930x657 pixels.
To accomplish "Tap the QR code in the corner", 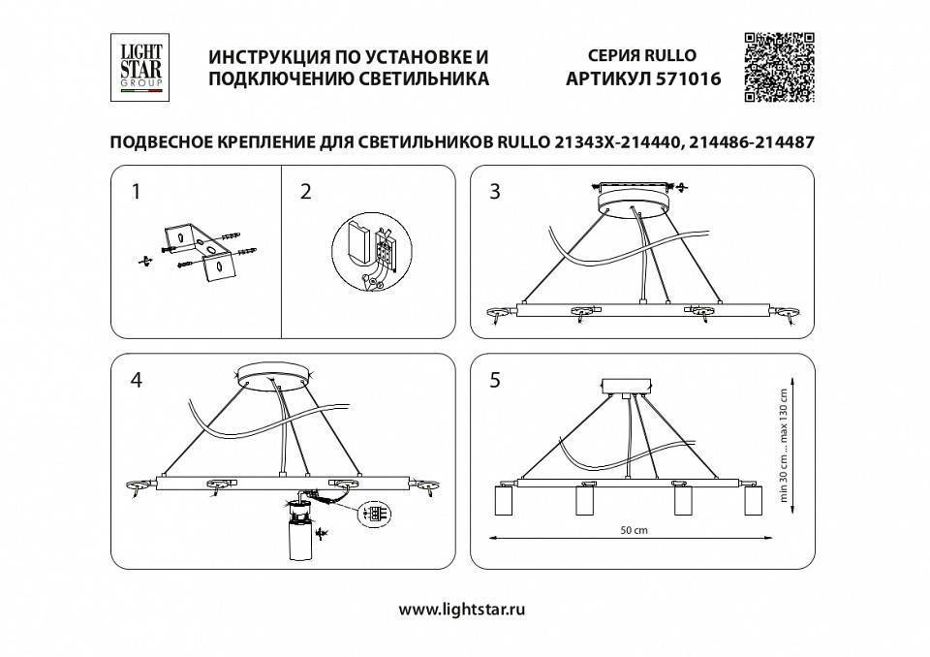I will [778, 66].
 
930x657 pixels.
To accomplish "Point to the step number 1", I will [136, 192].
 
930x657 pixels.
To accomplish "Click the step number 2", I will [306, 192].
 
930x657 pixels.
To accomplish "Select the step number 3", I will [495, 192].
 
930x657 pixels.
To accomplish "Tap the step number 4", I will [136, 381].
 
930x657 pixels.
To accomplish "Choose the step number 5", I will [495, 381].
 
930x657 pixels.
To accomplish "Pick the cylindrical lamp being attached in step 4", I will [300, 539].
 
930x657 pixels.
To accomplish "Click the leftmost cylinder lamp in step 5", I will [504, 501].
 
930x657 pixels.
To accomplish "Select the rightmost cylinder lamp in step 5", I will [753, 501].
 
